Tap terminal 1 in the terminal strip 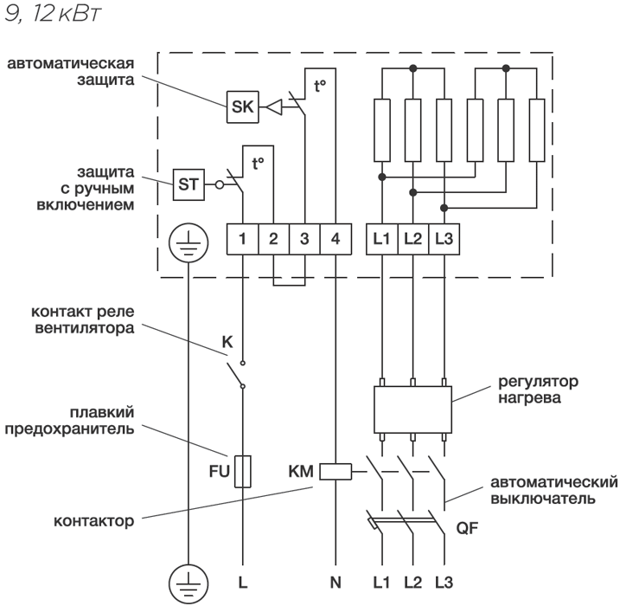tap(243, 239)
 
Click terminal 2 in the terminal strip tap(273, 239)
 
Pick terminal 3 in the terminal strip tap(304, 239)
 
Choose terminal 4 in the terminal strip tap(336, 239)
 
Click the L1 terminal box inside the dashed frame tap(382, 239)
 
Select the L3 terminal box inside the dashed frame tap(444, 239)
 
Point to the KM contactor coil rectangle tap(336, 472)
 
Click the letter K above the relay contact tap(228, 342)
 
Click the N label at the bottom tap(336, 582)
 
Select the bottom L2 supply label tap(412, 582)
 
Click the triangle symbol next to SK tap(272, 107)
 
